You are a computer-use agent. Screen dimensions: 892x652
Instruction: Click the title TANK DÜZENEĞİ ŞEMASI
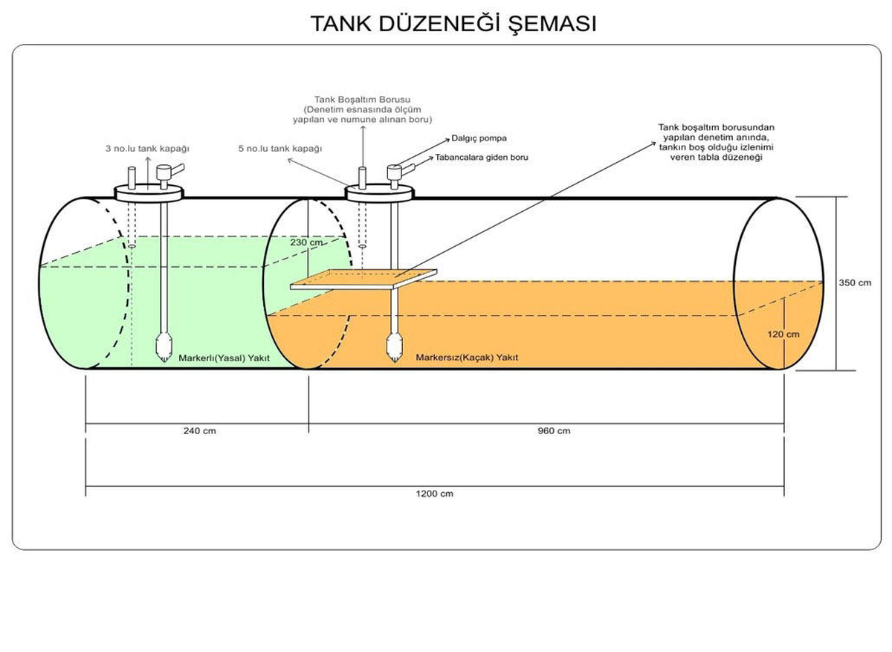[453, 24]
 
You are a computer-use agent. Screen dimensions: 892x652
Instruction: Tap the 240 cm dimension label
[199, 430]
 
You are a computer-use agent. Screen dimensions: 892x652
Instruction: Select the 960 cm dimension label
[554, 430]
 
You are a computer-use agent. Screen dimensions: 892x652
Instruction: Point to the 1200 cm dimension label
[434, 494]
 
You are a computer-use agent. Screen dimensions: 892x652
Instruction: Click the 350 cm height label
[855, 283]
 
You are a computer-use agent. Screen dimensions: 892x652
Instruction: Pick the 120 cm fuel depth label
[783, 334]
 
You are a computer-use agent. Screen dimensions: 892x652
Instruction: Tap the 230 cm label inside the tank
[306, 242]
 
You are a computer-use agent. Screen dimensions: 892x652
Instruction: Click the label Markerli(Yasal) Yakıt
[224, 358]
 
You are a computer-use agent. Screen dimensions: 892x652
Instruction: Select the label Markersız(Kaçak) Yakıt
[467, 358]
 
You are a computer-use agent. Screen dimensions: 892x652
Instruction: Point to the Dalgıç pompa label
[479, 138]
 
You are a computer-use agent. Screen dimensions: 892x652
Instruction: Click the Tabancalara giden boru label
[482, 158]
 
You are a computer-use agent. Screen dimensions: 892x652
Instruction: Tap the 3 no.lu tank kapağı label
[147, 149]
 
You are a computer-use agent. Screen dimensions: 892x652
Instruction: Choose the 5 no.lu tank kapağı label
[280, 149]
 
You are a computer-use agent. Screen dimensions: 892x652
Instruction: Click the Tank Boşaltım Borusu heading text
[363, 100]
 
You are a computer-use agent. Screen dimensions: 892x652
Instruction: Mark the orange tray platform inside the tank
[363, 280]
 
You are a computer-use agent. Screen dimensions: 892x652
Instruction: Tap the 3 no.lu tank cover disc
[149, 194]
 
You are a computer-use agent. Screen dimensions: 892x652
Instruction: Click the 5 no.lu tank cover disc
[380, 194]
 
